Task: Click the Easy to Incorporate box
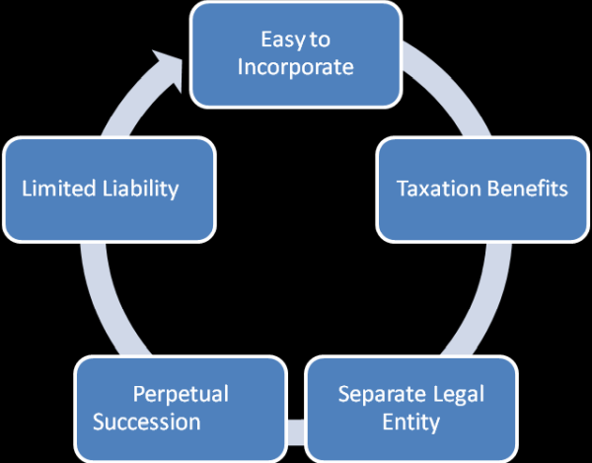coord(295,54)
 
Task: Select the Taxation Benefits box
coord(481,189)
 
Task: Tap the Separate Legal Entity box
coord(409,408)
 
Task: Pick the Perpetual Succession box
coord(180,408)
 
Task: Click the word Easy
coord(279,40)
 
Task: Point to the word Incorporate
coord(295,68)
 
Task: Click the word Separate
coord(377,395)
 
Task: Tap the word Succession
coord(147,422)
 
